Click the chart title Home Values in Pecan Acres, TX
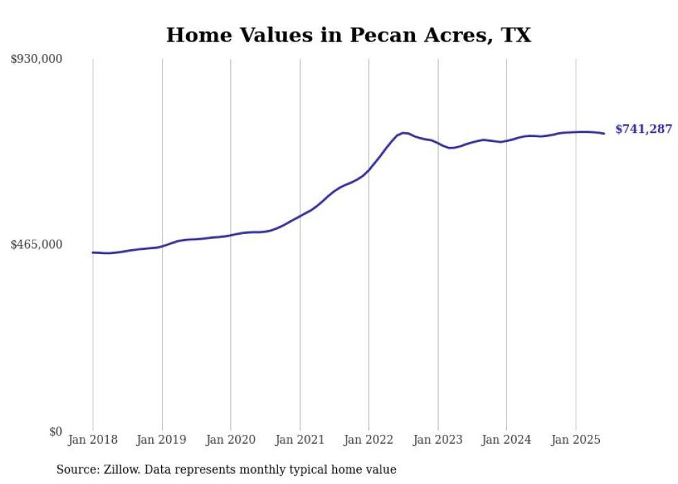tap(348, 35)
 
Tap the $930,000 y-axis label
tap(37, 60)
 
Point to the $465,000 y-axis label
tap(37, 244)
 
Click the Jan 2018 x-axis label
tap(93, 440)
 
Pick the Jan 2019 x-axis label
tap(162, 440)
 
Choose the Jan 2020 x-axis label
tap(230, 440)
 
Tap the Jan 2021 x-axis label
tap(300, 440)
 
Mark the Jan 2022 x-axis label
tap(368, 440)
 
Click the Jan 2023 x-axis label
tap(437, 440)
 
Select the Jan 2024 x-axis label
tap(506, 440)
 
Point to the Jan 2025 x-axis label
tap(575, 440)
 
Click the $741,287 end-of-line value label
tap(643, 129)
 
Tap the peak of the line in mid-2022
tap(403, 132)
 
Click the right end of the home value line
tap(604, 134)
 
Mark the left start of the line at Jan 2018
tap(93, 253)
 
